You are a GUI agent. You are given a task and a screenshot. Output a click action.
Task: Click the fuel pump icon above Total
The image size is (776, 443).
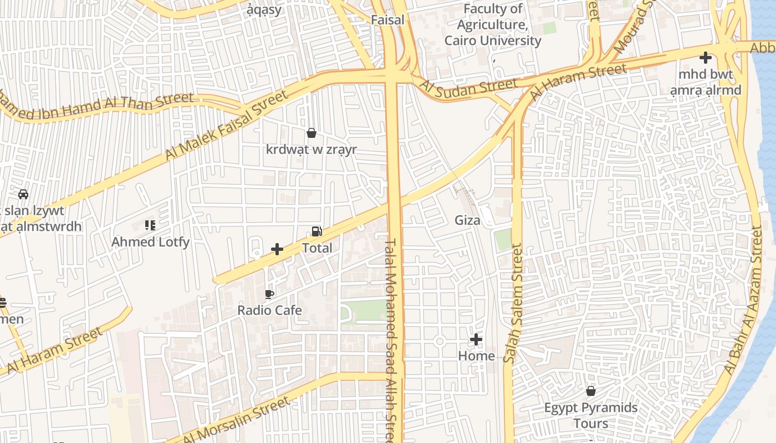pos(316,231)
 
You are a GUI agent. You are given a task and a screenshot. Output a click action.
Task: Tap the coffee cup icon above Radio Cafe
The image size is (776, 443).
pos(269,294)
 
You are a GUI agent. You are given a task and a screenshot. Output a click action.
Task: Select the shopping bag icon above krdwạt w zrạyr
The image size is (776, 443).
pos(312,133)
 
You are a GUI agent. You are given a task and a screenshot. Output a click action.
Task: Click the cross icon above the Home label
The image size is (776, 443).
pos(476,339)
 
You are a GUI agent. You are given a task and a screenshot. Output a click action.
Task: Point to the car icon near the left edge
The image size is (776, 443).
pos(23,194)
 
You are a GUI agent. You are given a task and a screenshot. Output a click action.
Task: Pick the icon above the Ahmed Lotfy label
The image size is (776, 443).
pos(150,225)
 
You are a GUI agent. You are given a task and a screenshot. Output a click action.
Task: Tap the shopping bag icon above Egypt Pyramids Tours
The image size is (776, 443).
pos(591,392)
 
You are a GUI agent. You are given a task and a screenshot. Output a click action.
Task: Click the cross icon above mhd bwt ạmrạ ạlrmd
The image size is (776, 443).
pos(705,57)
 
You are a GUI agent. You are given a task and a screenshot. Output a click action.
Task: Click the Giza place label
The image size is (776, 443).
pos(467,220)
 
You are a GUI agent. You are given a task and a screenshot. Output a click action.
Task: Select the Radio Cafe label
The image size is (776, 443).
pos(269,310)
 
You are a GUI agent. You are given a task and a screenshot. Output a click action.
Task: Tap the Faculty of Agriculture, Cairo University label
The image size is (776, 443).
pos(493,25)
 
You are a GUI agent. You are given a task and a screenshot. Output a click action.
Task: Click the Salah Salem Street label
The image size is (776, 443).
pos(514,305)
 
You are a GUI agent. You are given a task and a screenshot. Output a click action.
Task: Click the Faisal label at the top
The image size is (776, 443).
pos(387,19)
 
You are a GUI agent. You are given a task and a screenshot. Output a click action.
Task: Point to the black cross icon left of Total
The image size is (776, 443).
pos(277,249)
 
